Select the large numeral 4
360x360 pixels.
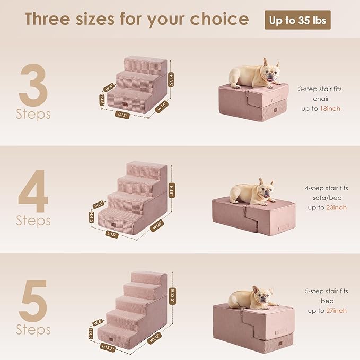33,190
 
